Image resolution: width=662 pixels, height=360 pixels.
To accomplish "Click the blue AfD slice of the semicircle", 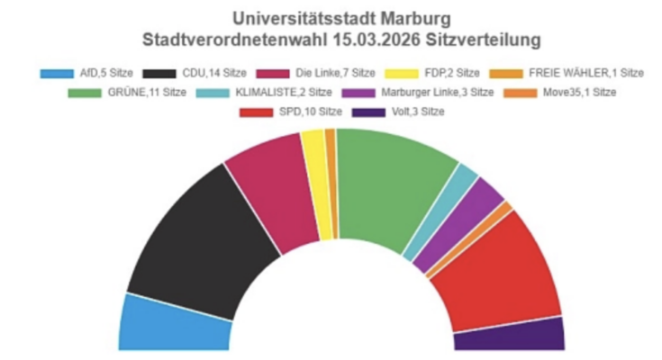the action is [173, 325].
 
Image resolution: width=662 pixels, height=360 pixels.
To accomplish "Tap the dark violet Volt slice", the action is [509, 337].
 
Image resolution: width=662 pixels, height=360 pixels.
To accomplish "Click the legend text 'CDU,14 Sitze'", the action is [214, 73].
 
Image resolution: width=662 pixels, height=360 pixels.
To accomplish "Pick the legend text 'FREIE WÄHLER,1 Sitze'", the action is [586, 73].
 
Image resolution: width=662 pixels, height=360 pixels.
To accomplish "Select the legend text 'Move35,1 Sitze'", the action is [579, 92].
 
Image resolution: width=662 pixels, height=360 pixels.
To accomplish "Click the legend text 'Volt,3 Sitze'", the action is [418, 112].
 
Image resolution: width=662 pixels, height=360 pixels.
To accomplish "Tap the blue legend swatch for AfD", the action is [57, 74].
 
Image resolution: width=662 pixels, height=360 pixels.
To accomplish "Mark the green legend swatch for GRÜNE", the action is [85, 93].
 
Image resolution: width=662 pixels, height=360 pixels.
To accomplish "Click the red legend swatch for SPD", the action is [257, 112].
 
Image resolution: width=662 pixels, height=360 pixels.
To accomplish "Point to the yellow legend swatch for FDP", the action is [402, 74].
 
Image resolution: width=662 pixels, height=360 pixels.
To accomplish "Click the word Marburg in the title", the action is [416, 19].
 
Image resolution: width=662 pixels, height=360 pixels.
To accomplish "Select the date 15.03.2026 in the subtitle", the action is [376, 40].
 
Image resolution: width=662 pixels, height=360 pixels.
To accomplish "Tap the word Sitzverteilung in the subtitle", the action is [483, 40].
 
